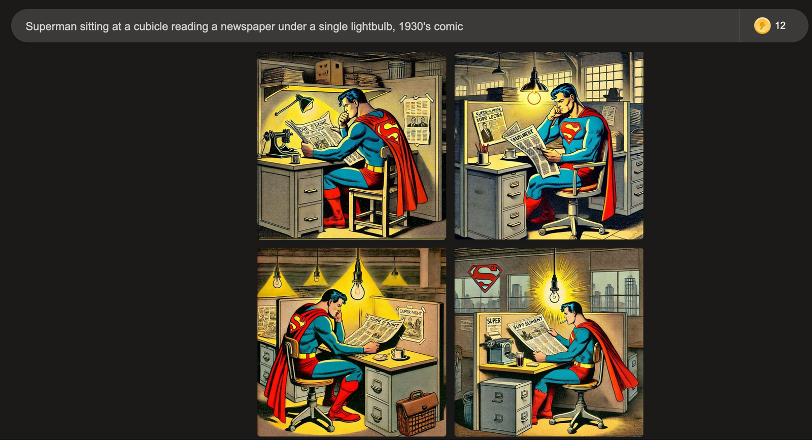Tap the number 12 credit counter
click(x=780, y=25)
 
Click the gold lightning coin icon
click(x=762, y=25)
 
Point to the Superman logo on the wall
click(x=484, y=277)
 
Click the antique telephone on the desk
click(x=277, y=142)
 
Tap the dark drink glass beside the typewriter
click(x=519, y=359)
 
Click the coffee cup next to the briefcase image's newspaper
click(x=397, y=353)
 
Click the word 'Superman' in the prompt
click(x=51, y=26)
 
